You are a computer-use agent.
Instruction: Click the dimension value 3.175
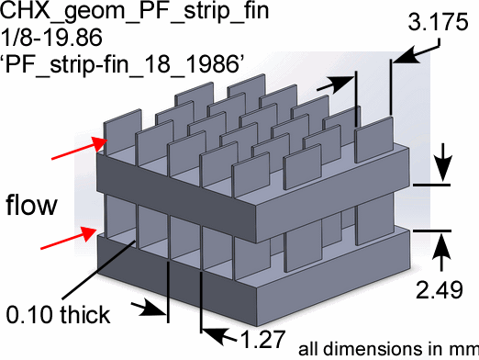pos(438,22)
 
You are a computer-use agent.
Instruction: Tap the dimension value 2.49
pos(440,289)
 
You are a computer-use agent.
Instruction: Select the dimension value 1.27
pos(262,339)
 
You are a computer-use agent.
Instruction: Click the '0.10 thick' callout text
pos(58,314)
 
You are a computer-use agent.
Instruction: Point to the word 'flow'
pos(31,204)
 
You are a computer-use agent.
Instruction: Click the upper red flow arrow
pos(80,148)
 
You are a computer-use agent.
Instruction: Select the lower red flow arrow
pos(69,238)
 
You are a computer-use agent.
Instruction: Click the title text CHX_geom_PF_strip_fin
pos(135,11)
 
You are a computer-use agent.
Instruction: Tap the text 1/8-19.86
pos(51,38)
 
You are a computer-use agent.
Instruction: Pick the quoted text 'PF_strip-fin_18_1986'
pos(123,64)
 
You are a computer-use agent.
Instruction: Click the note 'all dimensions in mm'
pos(388,349)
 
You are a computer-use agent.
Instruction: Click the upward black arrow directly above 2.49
pos(441,252)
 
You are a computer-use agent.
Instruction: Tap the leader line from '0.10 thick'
pos(98,269)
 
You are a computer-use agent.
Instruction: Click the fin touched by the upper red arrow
pos(123,131)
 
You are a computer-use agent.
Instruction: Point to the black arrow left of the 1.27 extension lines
pos(149,309)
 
